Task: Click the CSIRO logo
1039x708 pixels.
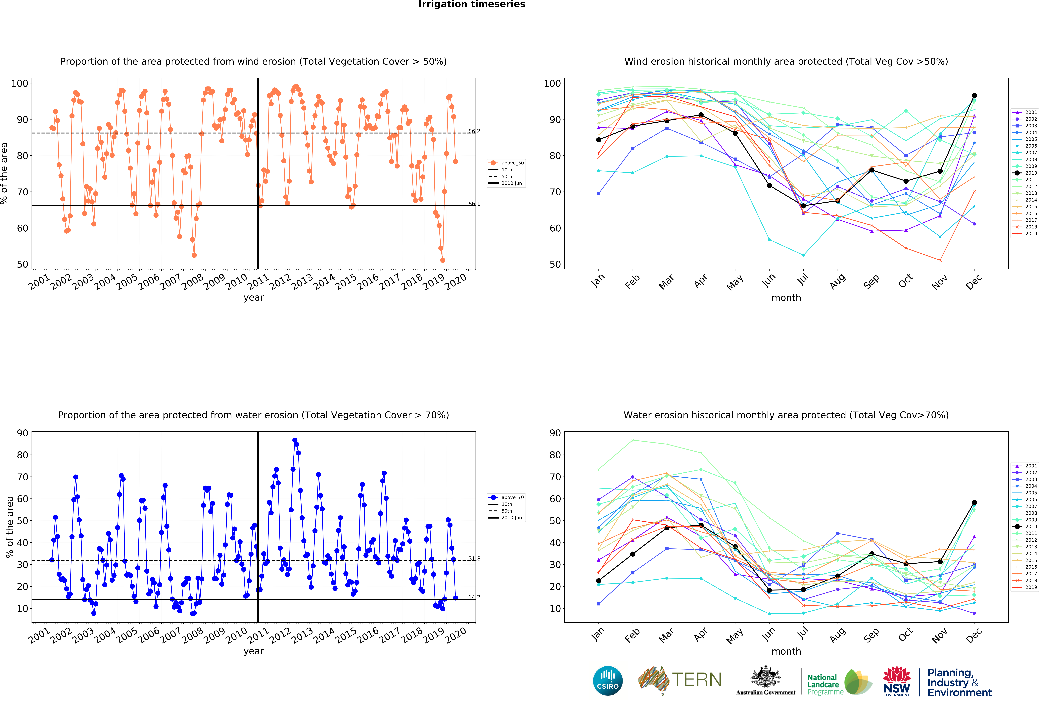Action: tap(608, 681)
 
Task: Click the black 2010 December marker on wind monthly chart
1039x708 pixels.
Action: tap(974, 96)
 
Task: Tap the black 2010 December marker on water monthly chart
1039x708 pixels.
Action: tap(974, 502)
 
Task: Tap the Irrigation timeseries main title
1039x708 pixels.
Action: tap(472, 4)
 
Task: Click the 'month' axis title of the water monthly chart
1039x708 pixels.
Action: tap(786, 651)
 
